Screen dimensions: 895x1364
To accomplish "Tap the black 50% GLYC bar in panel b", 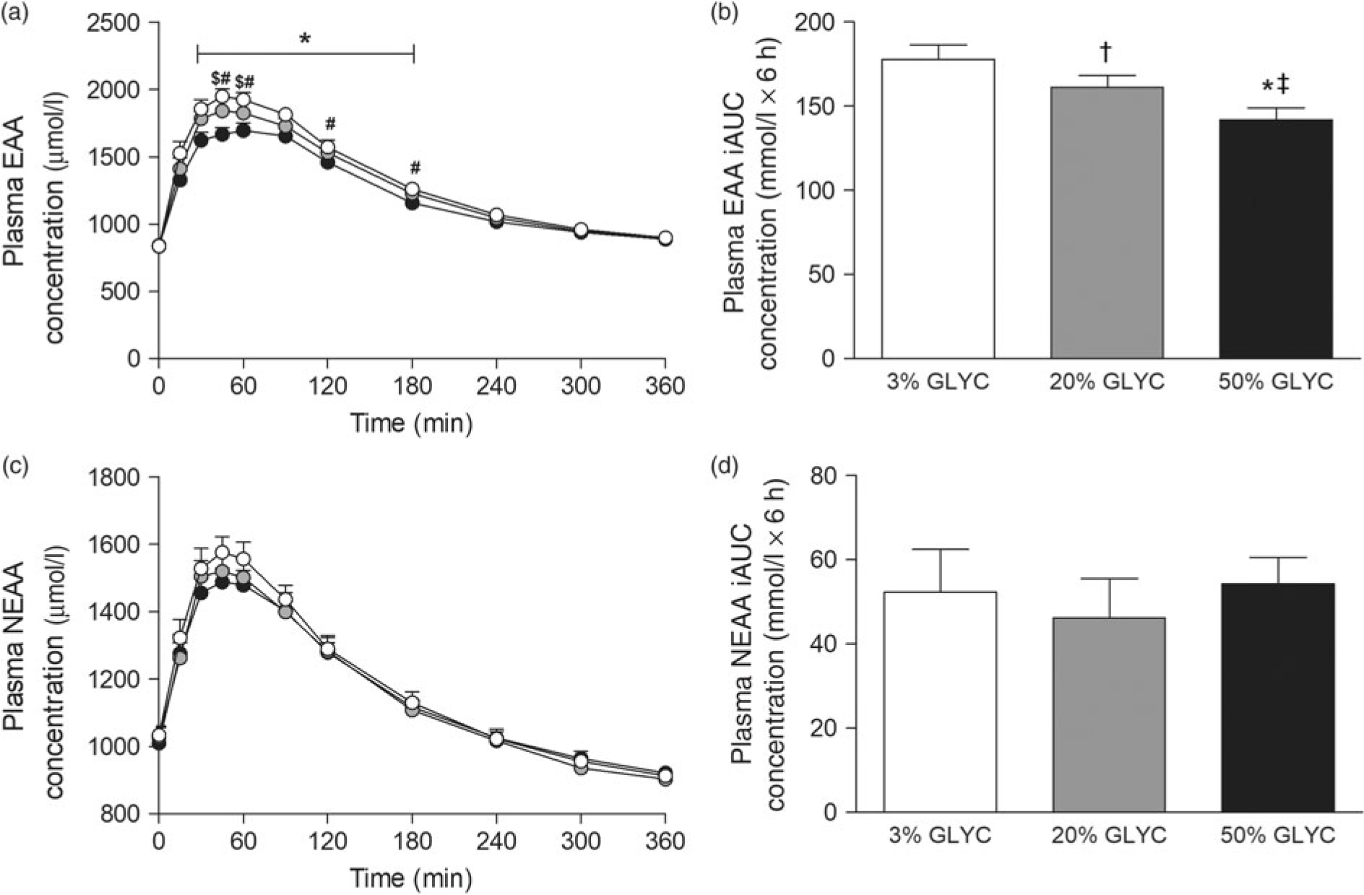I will (1276, 238).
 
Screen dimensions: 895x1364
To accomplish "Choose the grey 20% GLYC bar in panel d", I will (1108, 715).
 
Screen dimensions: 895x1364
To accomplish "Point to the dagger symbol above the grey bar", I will (1105, 53).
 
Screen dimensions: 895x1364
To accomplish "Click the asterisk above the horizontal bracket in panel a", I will (305, 39).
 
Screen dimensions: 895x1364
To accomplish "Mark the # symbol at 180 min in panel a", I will (415, 168).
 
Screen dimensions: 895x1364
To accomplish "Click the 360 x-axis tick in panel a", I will (665, 386).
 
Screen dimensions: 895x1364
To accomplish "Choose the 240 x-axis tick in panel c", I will (496, 842).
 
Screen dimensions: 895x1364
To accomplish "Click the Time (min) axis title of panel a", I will (412, 423).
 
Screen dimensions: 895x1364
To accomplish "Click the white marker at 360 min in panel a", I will (665, 238).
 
